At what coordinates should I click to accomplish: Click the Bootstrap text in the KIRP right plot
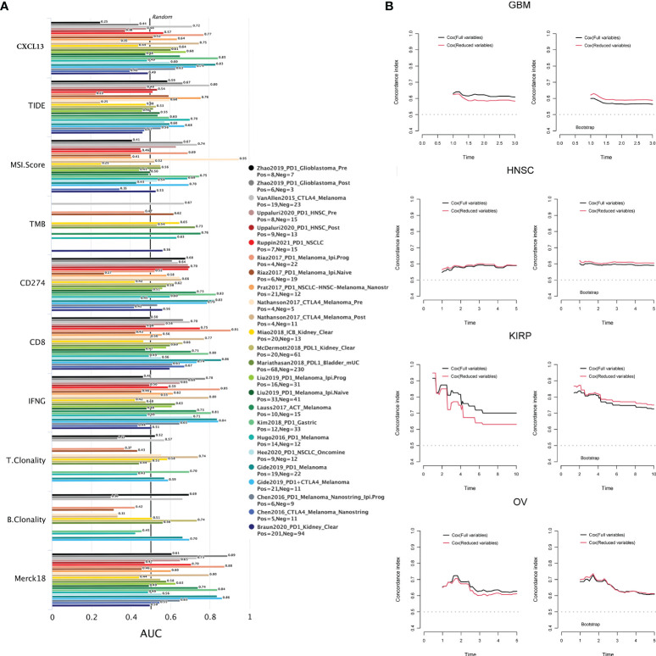tap(586, 459)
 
